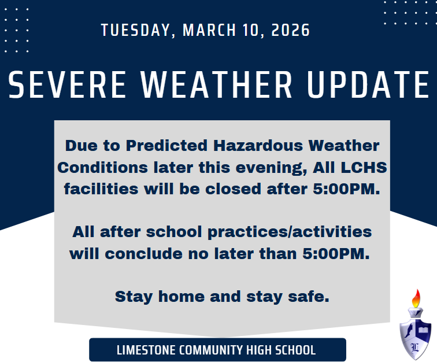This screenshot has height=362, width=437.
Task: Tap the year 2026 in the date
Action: tap(291, 30)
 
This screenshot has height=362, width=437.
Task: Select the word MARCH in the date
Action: tap(209, 30)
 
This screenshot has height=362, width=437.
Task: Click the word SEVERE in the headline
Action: tap(67, 84)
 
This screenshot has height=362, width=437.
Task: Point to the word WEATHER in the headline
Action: tap(216, 84)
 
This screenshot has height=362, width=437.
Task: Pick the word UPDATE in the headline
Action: tap(368, 84)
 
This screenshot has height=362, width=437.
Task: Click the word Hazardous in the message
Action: tap(258, 146)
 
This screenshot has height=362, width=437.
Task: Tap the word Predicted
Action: tap(166, 146)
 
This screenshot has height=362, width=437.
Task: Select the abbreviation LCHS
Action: tap(364, 168)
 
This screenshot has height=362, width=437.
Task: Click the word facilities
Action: tap(101, 189)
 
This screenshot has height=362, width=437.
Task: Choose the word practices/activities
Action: tap(290, 232)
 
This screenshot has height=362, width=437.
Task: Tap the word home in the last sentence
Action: tap(181, 296)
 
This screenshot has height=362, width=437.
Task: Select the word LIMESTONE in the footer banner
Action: tap(146, 350)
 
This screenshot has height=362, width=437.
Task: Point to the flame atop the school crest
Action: tap(416, 298)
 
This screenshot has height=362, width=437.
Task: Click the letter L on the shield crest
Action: tap(415, 347)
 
